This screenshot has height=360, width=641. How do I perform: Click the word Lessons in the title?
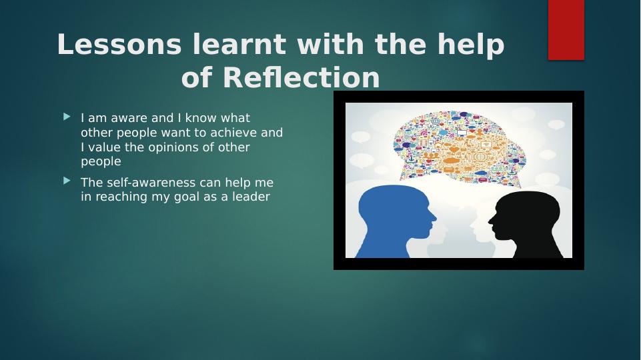click(x=119, y=44)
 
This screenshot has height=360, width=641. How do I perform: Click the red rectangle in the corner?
click(x=566, y=30)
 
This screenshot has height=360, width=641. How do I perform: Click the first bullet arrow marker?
click(x=67, y=117)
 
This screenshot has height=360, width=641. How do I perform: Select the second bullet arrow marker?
click(x=67, y=181)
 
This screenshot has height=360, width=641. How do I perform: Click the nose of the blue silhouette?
click(x=434, y=218)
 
